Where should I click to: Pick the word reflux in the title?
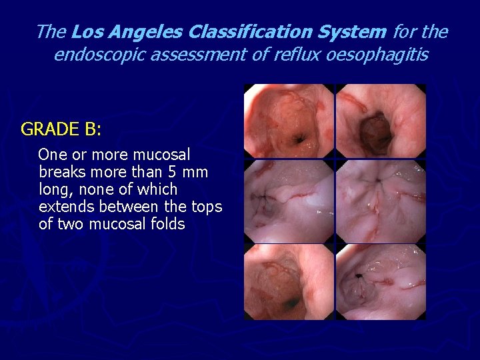click(x=299, y=54)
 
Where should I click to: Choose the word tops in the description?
click(x=207, y=207)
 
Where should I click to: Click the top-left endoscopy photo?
click(x=288, y=121)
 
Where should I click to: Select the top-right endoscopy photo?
click(x=381, y=121)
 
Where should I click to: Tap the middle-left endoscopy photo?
click(x=288, y=201)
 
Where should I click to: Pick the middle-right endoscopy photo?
click(x=381, y=201)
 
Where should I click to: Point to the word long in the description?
click(x=53, y=189)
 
